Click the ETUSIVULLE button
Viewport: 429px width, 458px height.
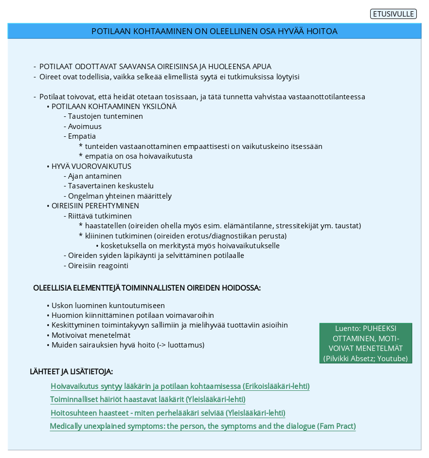(393, 14)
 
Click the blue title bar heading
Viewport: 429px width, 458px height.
(214, 31)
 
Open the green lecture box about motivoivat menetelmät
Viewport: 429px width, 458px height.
(366, 343)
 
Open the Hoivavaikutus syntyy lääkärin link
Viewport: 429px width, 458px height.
(180, 386)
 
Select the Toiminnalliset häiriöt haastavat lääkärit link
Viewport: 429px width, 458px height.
(148, 400)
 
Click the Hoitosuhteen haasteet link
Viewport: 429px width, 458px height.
(168, 413)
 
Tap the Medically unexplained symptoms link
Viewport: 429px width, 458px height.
(203, 426)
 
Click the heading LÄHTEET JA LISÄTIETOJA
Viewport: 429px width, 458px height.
(71, 372)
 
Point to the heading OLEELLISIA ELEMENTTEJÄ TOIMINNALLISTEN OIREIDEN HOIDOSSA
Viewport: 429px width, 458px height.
(147, 288)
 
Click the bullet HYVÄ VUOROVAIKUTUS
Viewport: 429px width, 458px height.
(91, 166)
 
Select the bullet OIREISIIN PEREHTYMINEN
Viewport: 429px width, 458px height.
(95, 206)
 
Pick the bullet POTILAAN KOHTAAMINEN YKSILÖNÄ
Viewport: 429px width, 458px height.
(114, 107)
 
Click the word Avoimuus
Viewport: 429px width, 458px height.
(85, 127)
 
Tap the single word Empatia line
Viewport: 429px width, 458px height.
(82, 136)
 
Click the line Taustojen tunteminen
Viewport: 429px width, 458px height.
(105, 116)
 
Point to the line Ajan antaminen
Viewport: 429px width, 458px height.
(94, 176)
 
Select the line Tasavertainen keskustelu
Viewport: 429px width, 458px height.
(110, 186)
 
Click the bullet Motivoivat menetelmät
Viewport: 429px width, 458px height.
(90, 335)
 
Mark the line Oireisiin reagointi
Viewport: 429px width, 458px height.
(98, 266)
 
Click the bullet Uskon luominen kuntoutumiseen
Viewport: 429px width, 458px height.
(108, 306)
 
